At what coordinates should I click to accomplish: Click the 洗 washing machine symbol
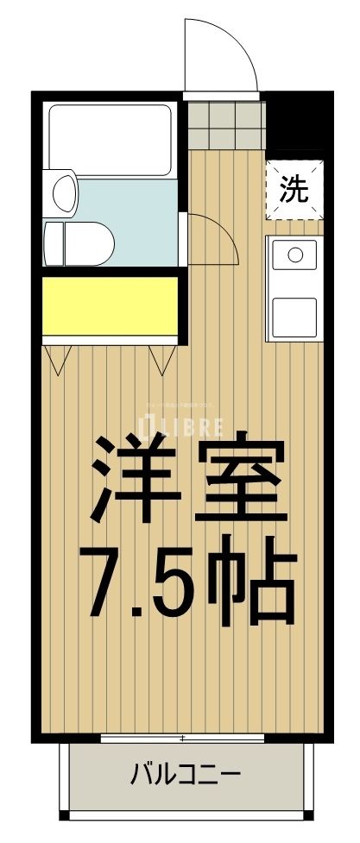click(294, 189)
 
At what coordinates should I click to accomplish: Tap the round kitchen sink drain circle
click(294, 255)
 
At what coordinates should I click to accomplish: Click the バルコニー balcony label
click(184, 773)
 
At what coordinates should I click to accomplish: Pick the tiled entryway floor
click(224, 124)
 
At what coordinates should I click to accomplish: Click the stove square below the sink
click(294, 316)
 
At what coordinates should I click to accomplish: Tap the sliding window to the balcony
click(182, 738)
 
